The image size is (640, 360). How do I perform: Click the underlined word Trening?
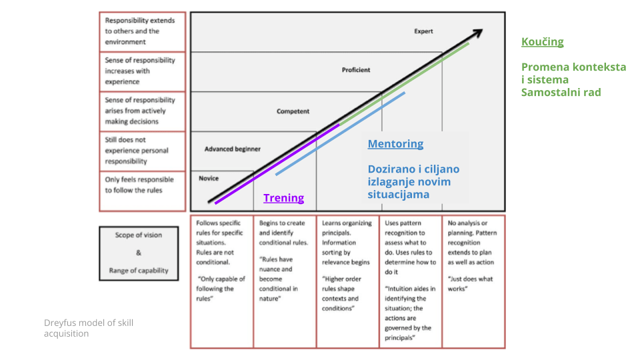tap(283, 198)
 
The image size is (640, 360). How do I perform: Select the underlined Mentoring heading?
tap(395, 144)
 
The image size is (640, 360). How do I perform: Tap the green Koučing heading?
tap(542, 42)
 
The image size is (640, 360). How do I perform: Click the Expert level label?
tap(423, 31)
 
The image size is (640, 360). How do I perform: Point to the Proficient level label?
tap(356, 70)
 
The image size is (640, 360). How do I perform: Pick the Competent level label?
tap(293, 111)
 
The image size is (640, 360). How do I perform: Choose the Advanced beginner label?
tap(233, 149)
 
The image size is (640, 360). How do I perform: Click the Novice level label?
tap(209, 179)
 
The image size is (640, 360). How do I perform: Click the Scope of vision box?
tap(139, 253)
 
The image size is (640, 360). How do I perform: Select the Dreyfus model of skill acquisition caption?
tap(89, 328)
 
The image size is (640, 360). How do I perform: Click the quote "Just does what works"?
tap(471, 284)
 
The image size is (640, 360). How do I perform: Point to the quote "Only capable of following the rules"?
tap(221, 289)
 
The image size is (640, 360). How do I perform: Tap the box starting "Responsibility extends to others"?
tap(142, 31)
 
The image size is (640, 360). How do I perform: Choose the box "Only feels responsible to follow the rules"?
tap(142, 185)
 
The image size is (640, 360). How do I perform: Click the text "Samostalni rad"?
tap(561, 92)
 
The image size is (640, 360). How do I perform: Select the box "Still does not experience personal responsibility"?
tap(142, 151)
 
